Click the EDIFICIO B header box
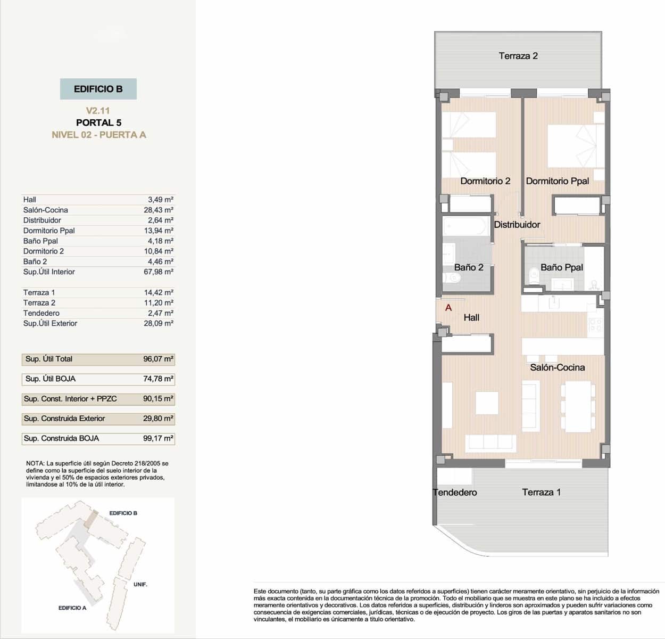[98, 89]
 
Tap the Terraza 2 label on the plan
[518, 56]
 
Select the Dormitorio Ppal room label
[557, 181]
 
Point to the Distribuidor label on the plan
[517, 225]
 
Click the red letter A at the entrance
[448, 308]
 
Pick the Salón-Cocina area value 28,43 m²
[159, 210]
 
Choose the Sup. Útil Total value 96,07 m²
[159, 359]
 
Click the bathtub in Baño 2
[466, 226]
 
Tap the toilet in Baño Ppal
[534, 275]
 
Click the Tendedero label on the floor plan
[455, 493]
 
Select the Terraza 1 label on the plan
[541, 493]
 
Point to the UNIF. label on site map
[140, 584]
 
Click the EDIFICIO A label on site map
[72, 608]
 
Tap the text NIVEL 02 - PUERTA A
[98, 135]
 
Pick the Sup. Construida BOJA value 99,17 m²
[159, 438]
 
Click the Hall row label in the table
[30, 200]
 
